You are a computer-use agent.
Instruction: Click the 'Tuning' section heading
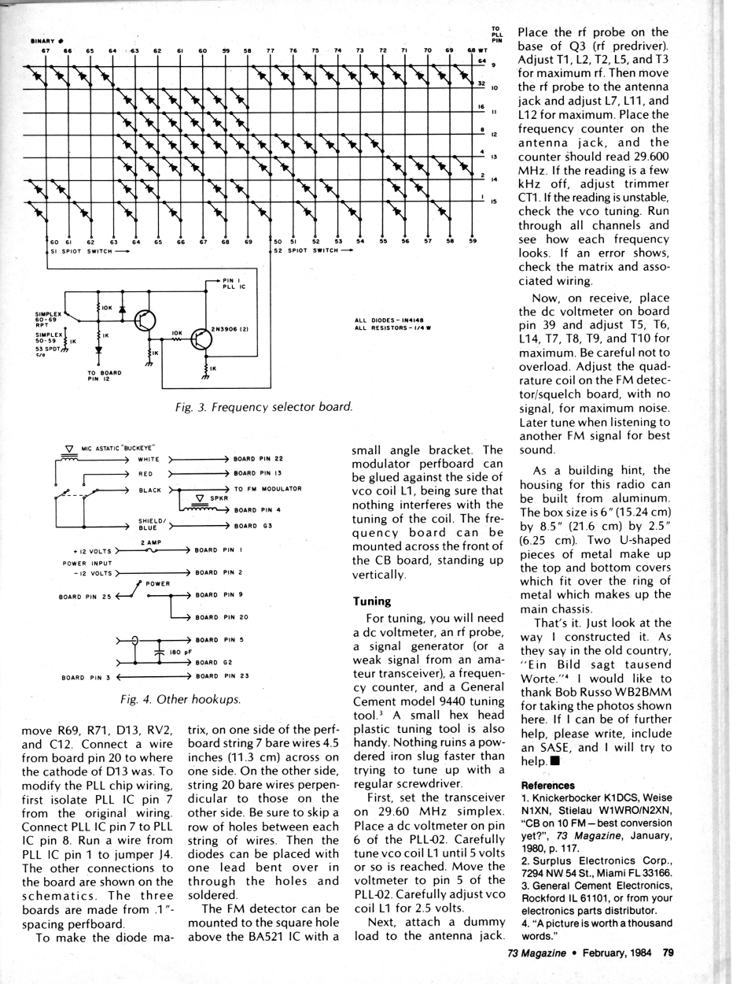pyautogui.click(x=372, y=601)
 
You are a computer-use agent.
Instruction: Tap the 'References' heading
pyautogui.click(x=548, y=785)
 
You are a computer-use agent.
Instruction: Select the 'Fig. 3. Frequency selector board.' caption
pyautogui.click(x=263, y=406)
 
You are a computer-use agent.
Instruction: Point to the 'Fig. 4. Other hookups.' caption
pyautogui.click(x=181, y=698)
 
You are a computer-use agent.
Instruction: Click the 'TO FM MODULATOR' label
pyautogui.click(x=267, y=489)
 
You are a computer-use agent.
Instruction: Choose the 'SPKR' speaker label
pyautogui.click(x=219, y=498)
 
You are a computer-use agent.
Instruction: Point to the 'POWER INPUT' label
pyautogui.click(x=87, y=563)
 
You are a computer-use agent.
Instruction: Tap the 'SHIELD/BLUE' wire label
pyautogui.click(x=151, y=524)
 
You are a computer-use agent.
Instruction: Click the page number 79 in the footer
pyautogui.click(x=668, y=953)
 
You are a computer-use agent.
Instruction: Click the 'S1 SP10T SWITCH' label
pyautogui.click(x=81, y=251)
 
